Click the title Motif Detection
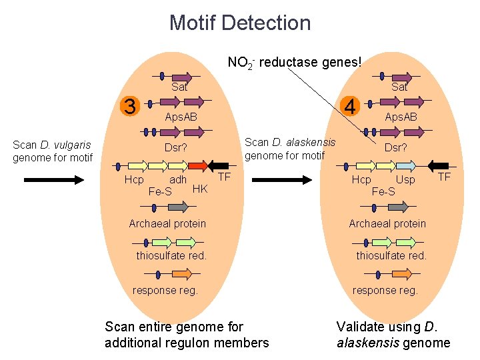coord(240,23)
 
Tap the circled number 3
coord(131,105)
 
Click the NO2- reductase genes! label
coord(294,63)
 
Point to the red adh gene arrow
coord(197,165)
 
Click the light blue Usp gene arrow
coord(406,165)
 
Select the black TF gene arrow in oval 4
coord(439,165)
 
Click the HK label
coord(200,189)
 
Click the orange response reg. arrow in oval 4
coord(402,274)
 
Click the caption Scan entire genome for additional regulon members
coord(187,335)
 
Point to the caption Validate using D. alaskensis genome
coord(393,335)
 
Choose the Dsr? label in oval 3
coord(176,147)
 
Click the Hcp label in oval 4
coord(361,180)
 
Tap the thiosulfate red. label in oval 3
coord(171,255)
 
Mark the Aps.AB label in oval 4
coord(401,117)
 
